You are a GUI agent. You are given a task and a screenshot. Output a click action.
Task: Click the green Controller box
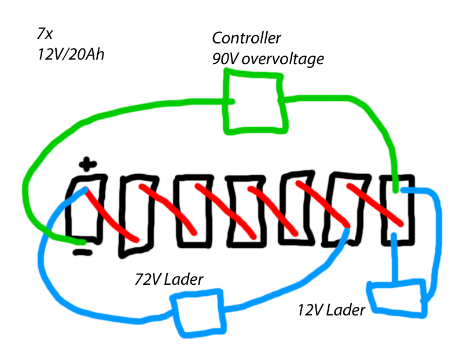(255, 102)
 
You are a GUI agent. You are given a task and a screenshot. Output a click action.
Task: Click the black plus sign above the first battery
(86, 164)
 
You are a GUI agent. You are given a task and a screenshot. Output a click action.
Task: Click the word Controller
(247, 39)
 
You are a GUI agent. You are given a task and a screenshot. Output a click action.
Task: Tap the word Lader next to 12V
(346, 310)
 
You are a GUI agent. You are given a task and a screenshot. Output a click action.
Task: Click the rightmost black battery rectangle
(398, 208)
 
